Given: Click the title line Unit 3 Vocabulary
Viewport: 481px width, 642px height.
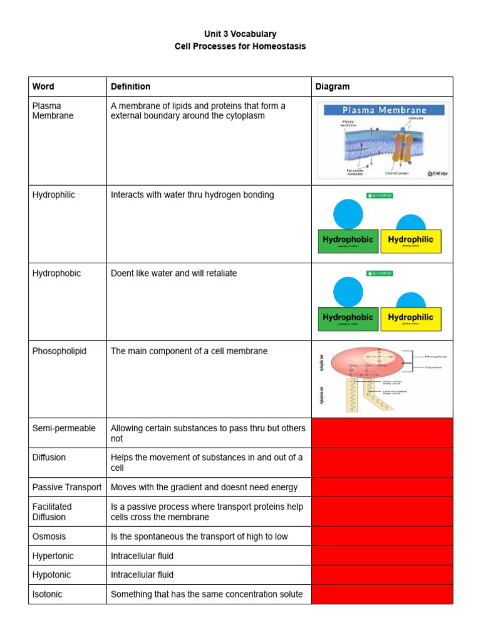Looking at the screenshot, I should [240, 34].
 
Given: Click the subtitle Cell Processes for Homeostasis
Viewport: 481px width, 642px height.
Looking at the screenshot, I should [240, 46].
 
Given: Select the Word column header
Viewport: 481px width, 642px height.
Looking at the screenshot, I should [43, 87].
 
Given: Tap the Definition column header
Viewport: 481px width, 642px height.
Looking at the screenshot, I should [130, 87].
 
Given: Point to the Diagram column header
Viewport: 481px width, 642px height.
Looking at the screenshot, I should [333, 87].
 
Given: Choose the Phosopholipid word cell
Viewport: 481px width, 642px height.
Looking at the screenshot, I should [59, 351].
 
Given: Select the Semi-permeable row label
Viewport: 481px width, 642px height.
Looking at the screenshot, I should [64, 428].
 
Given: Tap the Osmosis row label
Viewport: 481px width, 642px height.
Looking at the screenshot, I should [49, 537].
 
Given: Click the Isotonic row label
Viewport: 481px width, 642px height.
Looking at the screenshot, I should [47, 594].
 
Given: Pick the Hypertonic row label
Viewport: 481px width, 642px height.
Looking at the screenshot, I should [51, 555].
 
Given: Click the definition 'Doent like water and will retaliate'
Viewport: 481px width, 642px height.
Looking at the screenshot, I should [173, 273].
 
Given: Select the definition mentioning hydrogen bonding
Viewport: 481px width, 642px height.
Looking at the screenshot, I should [192, 195].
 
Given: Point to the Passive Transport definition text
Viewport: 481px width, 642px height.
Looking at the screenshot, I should [204, 487].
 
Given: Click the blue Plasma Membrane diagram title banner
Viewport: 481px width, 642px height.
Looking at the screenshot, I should [383, 110].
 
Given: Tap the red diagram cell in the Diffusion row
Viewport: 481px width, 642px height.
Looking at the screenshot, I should [382, 463].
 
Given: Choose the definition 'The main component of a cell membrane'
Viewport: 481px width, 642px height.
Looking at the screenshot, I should [189, 351].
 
